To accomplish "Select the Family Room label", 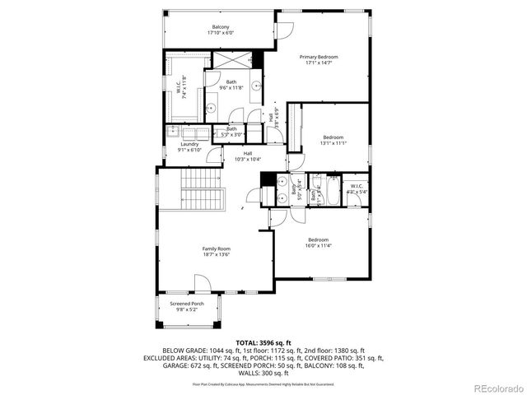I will (x=217, y=251).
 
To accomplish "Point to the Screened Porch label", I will (x=188, y=306).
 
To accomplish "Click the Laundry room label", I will (x=189, y=146).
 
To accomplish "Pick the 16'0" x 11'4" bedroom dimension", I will (x=319, y=245).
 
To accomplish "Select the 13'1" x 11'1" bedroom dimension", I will (x=333, y=142).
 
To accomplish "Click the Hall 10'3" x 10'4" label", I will (x=247, y=156).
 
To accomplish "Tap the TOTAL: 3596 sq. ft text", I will (x=263, y=342).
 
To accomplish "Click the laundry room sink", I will (x=175, y=132).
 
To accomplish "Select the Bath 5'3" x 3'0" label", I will (x=232, y=132).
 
